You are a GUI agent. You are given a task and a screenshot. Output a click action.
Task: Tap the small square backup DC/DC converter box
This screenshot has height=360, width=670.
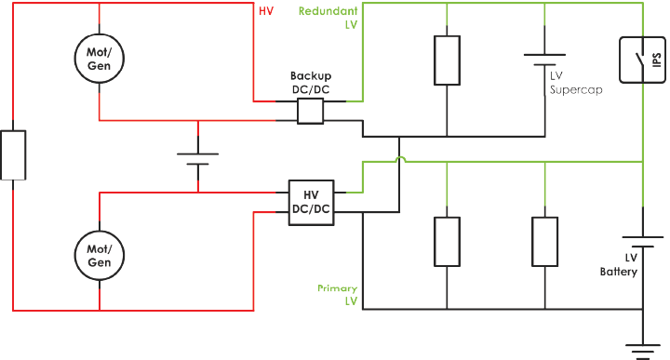point(310,113)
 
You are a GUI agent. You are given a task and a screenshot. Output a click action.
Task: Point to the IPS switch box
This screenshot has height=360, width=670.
point(641,61)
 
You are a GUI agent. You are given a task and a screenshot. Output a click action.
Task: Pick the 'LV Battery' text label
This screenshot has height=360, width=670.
point(619,265)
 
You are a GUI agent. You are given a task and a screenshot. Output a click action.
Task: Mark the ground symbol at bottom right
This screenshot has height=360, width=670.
point(641,349)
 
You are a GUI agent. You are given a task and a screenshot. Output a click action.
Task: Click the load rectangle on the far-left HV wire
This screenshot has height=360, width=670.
point(13,154)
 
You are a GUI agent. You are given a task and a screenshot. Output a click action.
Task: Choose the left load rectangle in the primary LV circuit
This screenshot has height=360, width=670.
point(449,240)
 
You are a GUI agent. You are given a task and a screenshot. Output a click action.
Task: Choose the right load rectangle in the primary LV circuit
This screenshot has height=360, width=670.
point(544,240)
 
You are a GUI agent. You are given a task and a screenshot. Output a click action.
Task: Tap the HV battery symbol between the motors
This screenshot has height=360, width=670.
point(197,157)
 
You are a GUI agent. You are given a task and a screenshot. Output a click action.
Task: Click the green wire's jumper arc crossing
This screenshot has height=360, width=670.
point(398,161)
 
